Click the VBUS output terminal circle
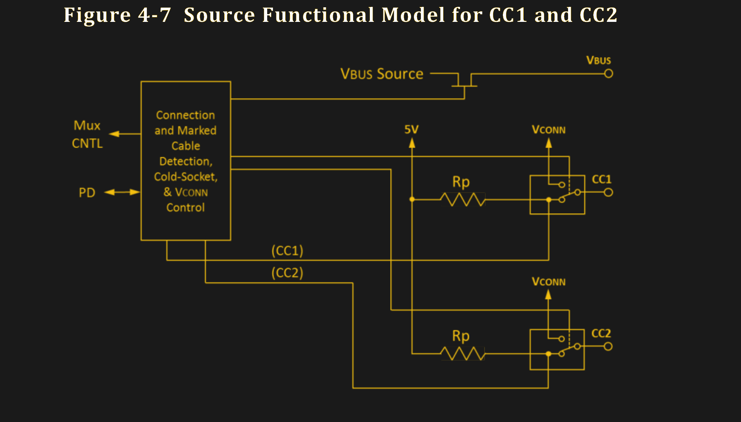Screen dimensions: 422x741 pos(608,74)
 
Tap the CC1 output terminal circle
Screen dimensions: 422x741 pos(608,192)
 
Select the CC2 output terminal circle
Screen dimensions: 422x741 pos(608,346)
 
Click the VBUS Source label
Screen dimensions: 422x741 pos(382,74)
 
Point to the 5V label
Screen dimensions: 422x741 pos(411,130)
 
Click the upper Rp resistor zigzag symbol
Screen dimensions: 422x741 pos(463,199)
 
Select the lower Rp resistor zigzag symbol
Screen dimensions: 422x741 pos(463,353)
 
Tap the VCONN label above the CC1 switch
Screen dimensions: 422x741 pos(549,130)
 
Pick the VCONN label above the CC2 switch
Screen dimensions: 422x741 pos(549,282)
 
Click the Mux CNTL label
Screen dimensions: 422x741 pos(87,134)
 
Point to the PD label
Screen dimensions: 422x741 pos(87,193)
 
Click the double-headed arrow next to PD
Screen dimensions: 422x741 pos(122,192)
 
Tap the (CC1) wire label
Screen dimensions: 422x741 pos(287,251)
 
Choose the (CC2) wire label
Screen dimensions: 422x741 pos(287,273)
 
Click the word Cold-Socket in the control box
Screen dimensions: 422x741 pos(186,177)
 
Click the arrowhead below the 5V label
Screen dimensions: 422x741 pos(412,143)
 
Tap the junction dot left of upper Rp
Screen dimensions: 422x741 pos(412,199)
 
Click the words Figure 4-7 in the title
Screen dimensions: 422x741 pos(117,15)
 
